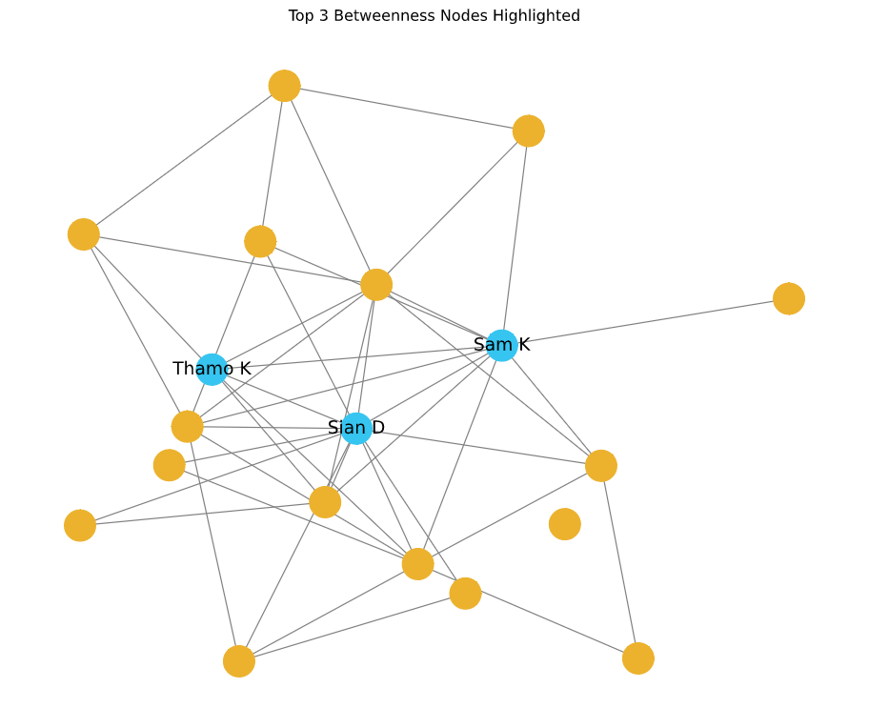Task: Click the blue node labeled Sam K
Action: coord(501,345)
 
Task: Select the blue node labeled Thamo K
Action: coord(212,369)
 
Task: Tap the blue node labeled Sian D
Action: coord(355,428)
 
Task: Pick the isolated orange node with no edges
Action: coord(565,524)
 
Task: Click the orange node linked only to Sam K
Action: coord(789,298)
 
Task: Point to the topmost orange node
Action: coord(284,86)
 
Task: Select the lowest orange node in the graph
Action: coord(239,661)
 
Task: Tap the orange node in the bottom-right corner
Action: coord(638,658)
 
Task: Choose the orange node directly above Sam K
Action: coord(528,131)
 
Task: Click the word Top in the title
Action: coord(302,16)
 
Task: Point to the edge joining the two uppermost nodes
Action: coord(406,109)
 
